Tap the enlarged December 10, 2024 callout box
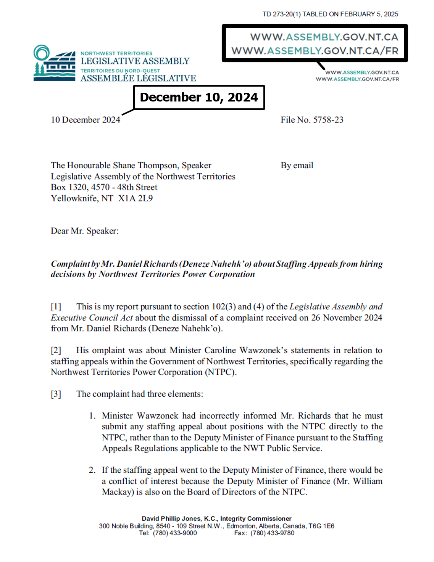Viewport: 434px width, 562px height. (199, 97)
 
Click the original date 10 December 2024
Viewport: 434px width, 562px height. (86, 120)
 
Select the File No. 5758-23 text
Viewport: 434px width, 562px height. (312, 120)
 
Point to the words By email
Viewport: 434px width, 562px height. (297, 166)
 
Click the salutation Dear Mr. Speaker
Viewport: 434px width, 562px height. (84, 231)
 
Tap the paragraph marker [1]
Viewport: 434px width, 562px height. (56, 307)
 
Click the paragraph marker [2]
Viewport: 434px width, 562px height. (56, 350)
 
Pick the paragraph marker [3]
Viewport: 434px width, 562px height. (56, 394)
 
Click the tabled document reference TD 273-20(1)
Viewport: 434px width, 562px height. (281, 14)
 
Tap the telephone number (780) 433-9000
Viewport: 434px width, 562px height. (175, 533)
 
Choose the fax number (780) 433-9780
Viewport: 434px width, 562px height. (272, 533)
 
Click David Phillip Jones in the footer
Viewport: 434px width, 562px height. (171, 519)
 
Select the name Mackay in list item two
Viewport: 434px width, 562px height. (118, 492)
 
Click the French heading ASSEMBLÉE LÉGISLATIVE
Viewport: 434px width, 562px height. (138, 78)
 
